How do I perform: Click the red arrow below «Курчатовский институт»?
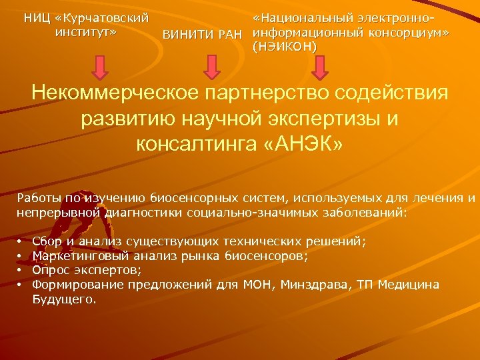(x=100, y=67)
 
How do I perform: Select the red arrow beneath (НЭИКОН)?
(x=320, y=67)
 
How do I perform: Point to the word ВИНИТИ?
(x=189, y=34)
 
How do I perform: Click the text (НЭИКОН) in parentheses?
(x=285, y=45)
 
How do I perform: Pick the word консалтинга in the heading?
(x=198, y=143)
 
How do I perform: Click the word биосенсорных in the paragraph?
(x=189, y=198)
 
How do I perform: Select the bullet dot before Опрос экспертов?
(x=21, y=270)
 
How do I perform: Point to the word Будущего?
(x=63, y=299)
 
